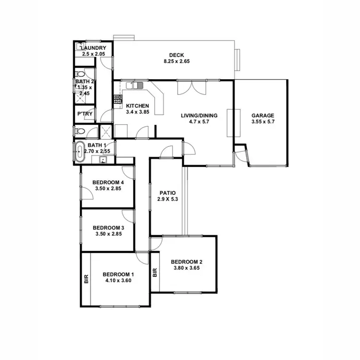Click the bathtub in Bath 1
(x=79, y=151)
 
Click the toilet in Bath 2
(x=80, y=74)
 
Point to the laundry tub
(x=80, y=47)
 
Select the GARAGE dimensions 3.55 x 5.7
(x=263, y=122)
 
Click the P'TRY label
(x=85, y=114)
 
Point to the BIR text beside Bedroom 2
(x=155, y=273)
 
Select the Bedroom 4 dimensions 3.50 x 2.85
(x=108, y=189)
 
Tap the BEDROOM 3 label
(x=108, y=228)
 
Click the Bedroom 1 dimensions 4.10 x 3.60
(x=118, y=281)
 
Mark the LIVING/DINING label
(x=199, y=115)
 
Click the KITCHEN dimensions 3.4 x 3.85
(x=137, y=112)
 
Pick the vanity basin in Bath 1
(x=102, y=160)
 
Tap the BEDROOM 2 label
(x=187, y=262)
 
